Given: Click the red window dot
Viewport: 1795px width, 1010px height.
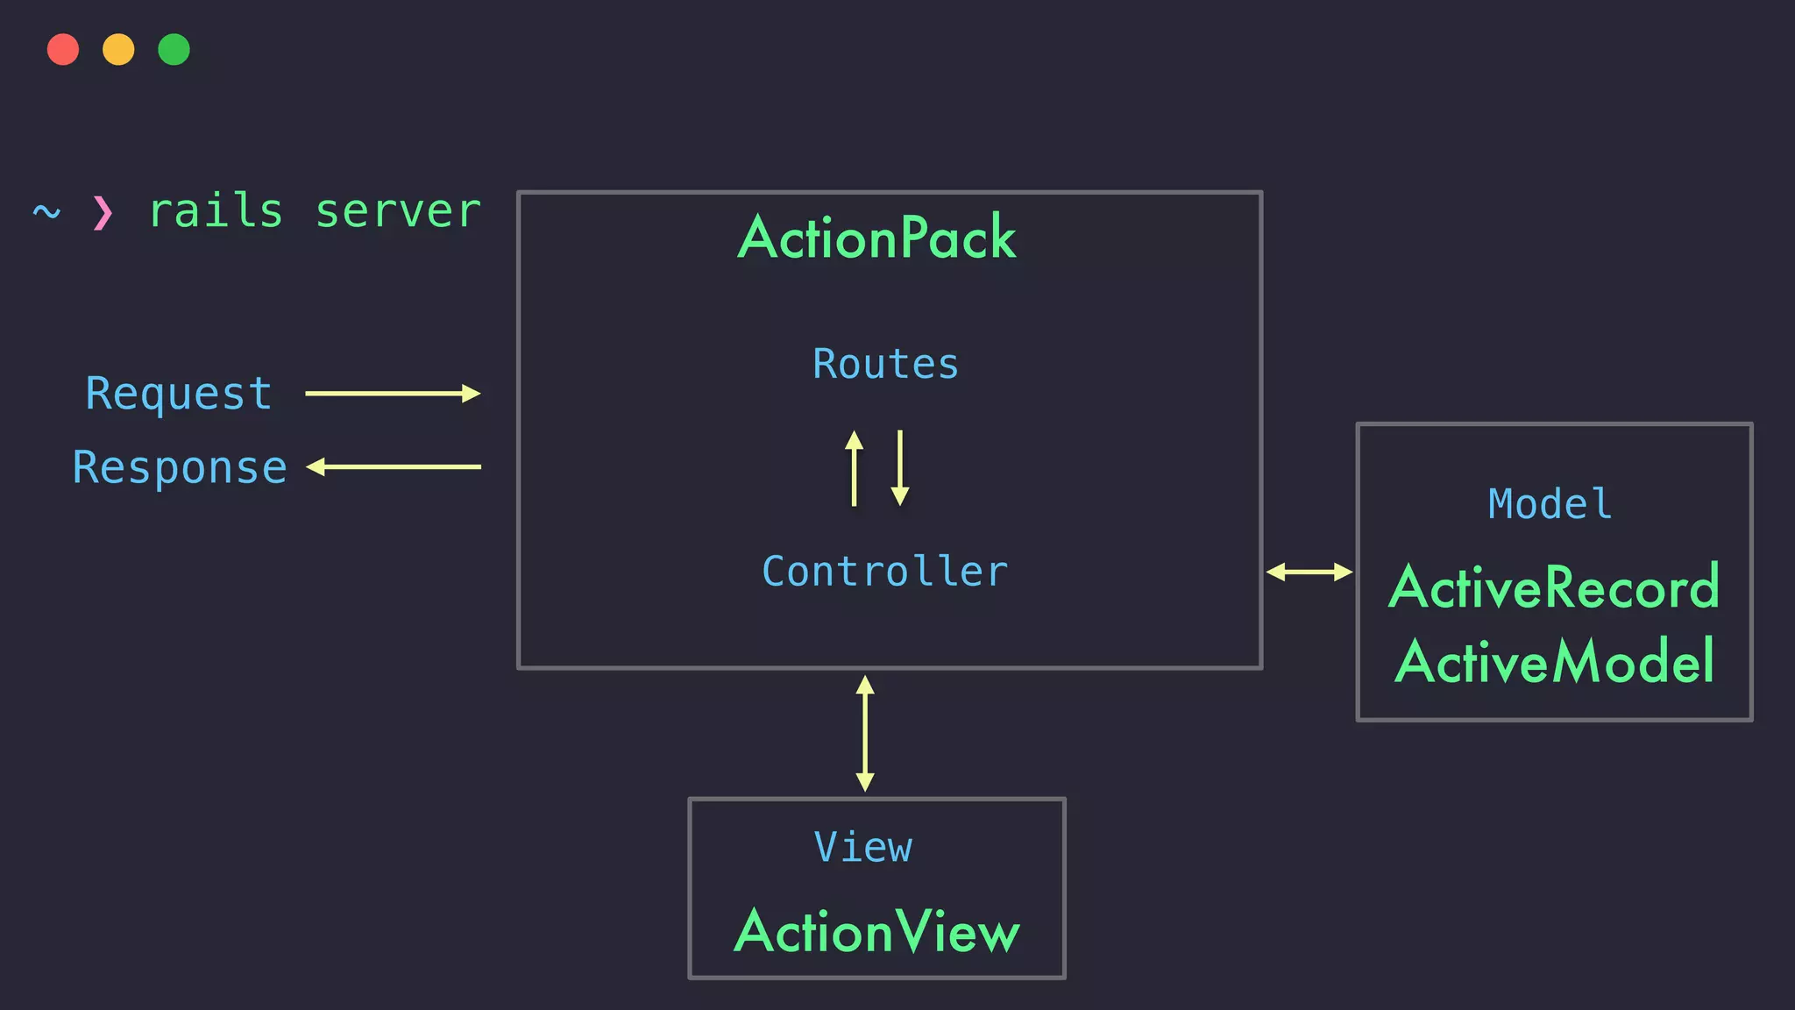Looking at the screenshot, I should point(63,49).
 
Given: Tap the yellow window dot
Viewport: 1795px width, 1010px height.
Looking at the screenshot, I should point(118,49).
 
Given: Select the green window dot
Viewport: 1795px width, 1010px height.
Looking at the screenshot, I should point(174,49).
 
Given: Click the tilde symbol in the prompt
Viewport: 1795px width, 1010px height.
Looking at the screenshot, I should point(46,212).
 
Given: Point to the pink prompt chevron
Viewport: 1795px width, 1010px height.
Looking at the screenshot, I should point(103,212).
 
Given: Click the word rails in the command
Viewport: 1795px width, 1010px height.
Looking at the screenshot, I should point(216,211).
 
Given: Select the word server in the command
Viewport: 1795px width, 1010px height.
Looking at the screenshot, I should point(398,211).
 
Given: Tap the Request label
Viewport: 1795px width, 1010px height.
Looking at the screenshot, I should point(179,394).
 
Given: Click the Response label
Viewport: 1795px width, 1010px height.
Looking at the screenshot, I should point(180,467).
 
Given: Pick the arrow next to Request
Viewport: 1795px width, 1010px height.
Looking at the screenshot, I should point(393,394).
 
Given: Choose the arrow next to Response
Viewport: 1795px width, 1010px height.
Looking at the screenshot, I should point(394,466).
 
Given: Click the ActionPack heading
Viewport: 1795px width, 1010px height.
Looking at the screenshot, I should point(877,238).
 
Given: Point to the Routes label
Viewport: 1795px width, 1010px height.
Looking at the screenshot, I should point(885,364).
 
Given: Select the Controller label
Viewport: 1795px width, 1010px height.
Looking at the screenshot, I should point(885,572).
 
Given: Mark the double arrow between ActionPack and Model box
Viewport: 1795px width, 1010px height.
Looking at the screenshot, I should point(1309,573).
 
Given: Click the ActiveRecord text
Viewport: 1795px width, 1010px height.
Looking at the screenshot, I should point(1554,587).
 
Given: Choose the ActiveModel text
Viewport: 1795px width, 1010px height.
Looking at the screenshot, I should point(1554,662).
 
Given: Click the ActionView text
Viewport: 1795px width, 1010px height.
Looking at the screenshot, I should point(877,931).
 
